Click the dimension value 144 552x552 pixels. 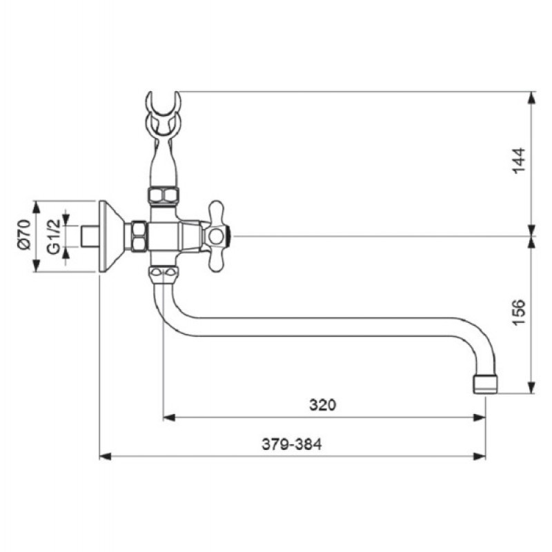tap(519, 161)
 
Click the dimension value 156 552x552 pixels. tap(519, 313)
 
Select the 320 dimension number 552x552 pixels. tap(322, 405)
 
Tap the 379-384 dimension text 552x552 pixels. tap(291, 444)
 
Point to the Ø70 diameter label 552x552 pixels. tap(24, 235)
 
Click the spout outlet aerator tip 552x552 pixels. tap(485, 384)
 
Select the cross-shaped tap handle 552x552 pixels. tap(215, 237)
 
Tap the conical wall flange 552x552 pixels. tap(112, 237)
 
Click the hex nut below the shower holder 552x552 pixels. tap(163, 196)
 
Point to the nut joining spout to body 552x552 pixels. tap(163, 275)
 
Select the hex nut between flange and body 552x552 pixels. tap(139, 237)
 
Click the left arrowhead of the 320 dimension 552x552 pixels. tap(169, 418)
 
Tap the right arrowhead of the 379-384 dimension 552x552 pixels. tap(480, 457)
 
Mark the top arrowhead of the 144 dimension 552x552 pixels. tap(532, 98)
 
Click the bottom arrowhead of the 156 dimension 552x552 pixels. tap(532, 387)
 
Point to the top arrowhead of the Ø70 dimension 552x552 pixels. tap(37, 207)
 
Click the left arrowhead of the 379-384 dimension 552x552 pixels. tap(106, 457)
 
